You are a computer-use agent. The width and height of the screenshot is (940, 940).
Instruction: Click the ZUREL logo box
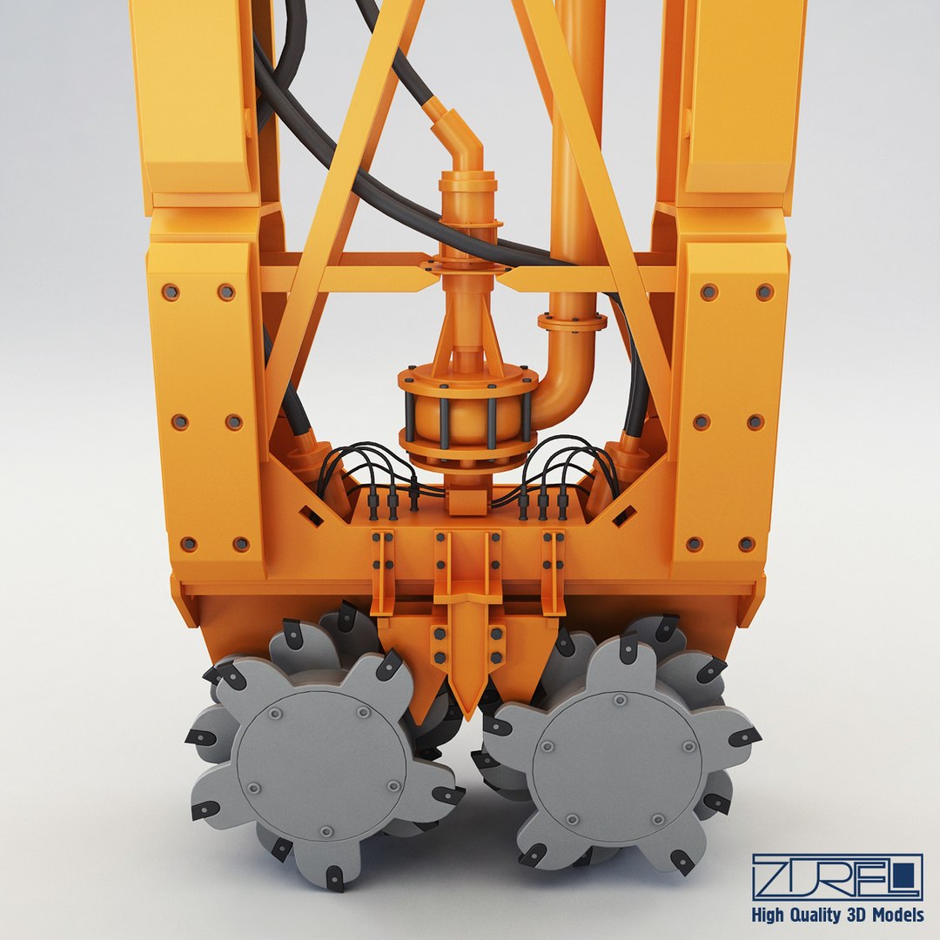pos(836,876)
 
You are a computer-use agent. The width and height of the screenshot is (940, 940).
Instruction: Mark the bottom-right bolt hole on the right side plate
pos(746,544)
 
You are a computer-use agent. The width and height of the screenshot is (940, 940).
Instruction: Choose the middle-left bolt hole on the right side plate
pos(701,422)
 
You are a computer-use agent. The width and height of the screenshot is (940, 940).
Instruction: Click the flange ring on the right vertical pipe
pos(572,322)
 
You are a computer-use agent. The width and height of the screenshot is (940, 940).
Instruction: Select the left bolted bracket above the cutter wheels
pos(382,570)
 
